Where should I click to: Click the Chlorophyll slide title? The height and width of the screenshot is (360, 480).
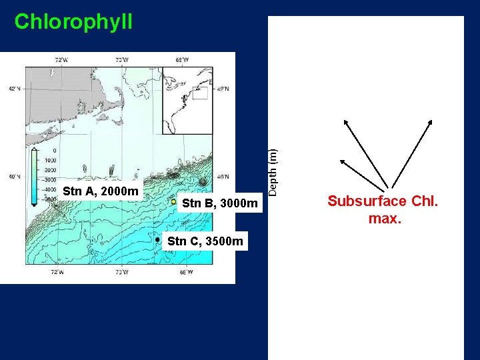73,21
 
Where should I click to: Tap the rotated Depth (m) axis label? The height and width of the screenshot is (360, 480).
273,172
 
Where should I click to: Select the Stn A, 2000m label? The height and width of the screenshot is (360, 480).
101,192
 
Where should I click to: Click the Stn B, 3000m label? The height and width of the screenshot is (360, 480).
219,203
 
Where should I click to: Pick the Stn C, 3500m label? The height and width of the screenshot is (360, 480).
206,240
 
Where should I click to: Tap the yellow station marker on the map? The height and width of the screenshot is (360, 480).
173,201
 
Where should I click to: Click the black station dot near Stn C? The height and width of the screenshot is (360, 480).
157,239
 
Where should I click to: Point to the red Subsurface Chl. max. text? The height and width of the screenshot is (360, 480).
383,209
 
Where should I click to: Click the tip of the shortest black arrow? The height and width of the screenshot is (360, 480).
341,160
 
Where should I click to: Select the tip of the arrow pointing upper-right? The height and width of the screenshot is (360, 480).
431,121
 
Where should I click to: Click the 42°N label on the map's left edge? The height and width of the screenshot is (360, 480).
14,89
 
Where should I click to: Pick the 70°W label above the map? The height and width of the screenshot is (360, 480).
122,61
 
